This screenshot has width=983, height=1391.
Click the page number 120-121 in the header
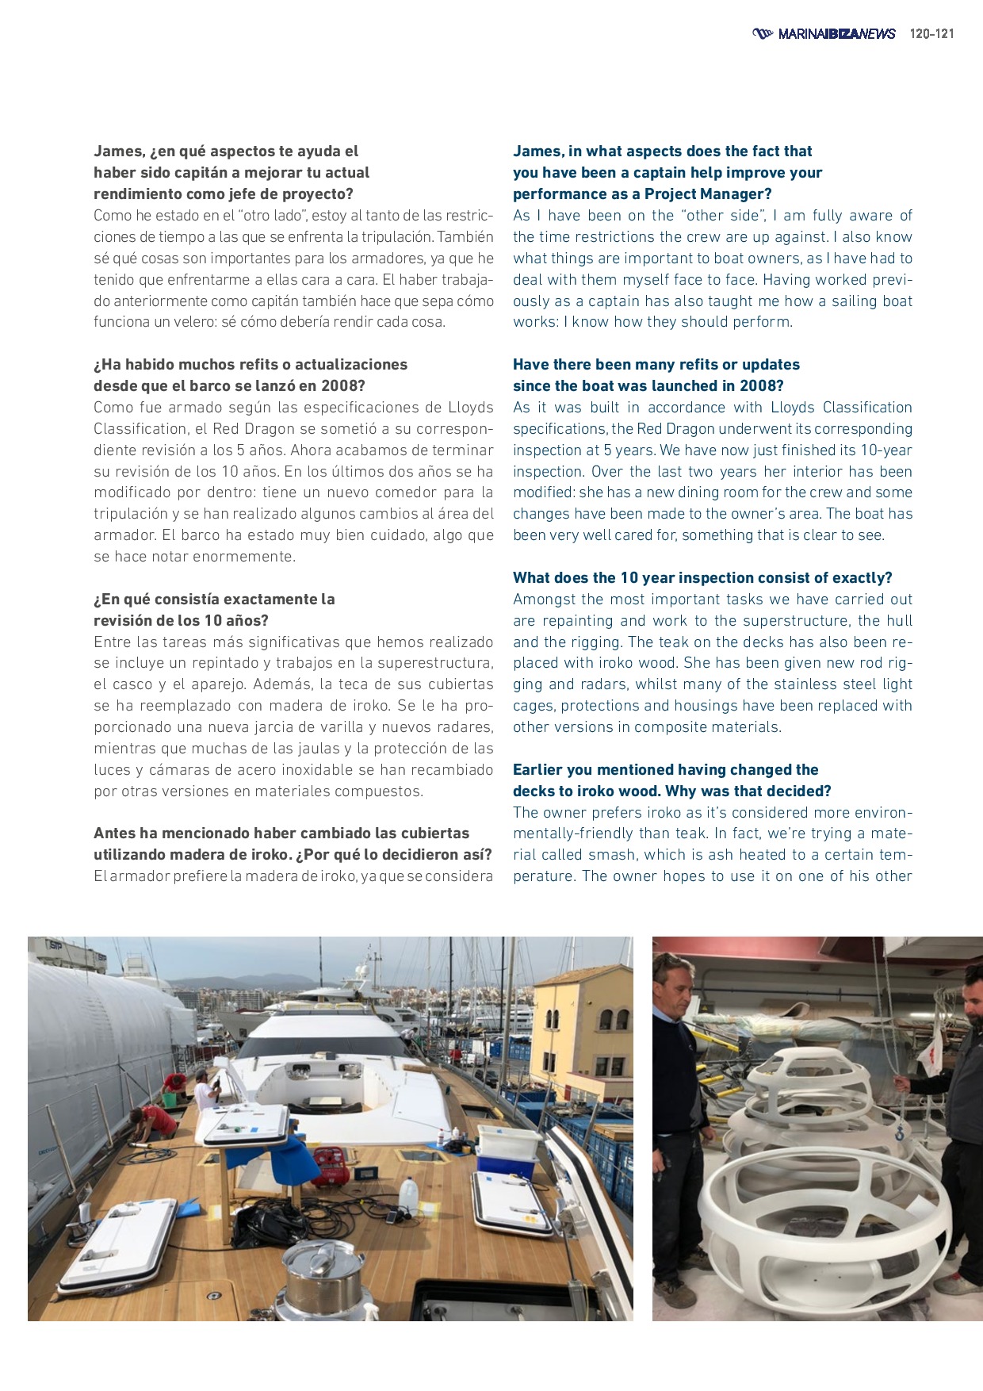coord(931,34)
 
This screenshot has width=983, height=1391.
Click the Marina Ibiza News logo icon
coord(762,33)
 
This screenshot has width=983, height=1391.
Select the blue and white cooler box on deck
coord(499,1148)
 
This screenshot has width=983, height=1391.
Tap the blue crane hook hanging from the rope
coord(899,1132)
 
